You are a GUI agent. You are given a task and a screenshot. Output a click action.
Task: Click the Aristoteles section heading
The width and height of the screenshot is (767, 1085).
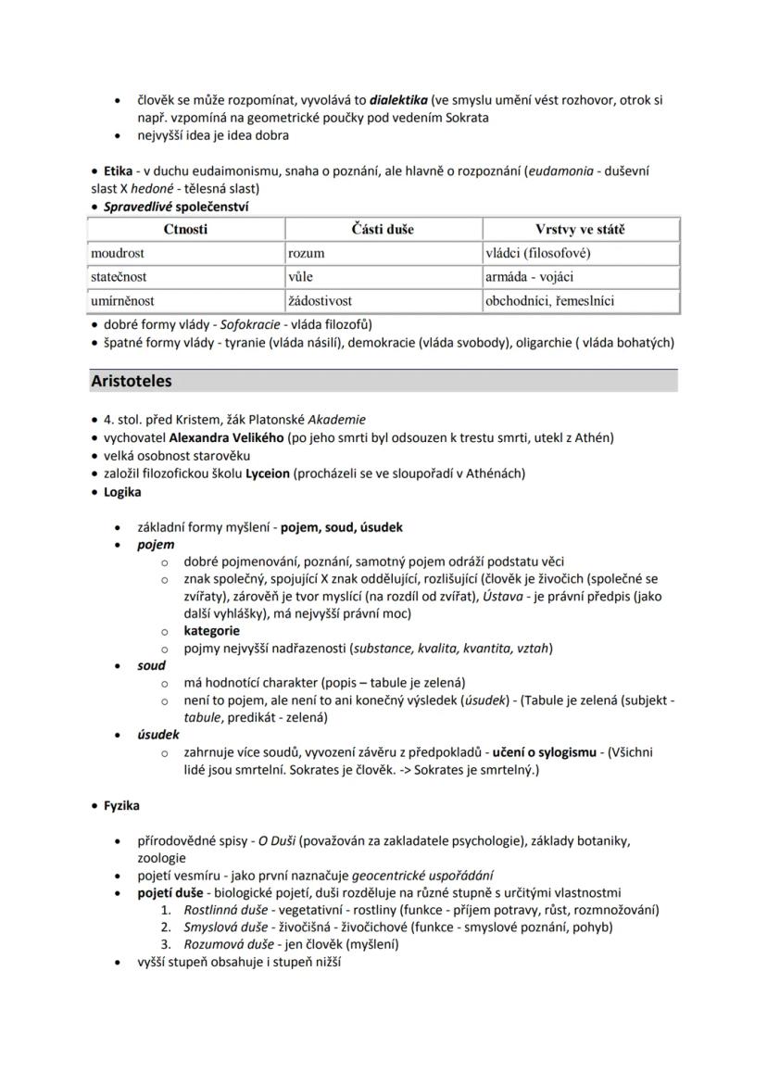click(x=132, y=381)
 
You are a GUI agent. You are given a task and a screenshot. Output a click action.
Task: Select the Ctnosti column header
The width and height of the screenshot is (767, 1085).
click(x=185, y=229)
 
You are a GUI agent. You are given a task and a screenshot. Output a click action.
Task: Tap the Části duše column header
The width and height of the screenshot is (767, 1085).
click(x=383, y=229)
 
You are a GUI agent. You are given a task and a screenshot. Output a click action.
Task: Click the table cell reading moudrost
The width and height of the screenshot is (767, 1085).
click(x=118, y=253)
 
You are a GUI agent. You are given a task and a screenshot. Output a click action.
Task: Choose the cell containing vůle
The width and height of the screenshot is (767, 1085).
click(x=302, y=276)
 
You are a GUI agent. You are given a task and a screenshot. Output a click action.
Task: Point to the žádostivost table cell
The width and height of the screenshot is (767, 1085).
click(x=320, y=300)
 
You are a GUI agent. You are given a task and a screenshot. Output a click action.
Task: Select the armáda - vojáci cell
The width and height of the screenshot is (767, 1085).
click(x=530, y=276)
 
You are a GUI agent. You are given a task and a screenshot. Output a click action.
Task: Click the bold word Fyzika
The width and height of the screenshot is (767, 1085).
click(x=121, y=805)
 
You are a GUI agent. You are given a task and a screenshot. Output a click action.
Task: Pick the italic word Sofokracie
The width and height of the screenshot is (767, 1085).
click(x=250, y=324)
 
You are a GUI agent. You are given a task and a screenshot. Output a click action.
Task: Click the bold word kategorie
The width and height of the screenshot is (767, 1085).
click(x=212, y=630)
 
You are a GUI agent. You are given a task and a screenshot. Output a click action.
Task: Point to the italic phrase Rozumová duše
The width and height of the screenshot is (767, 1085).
click(x=227, y=944)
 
